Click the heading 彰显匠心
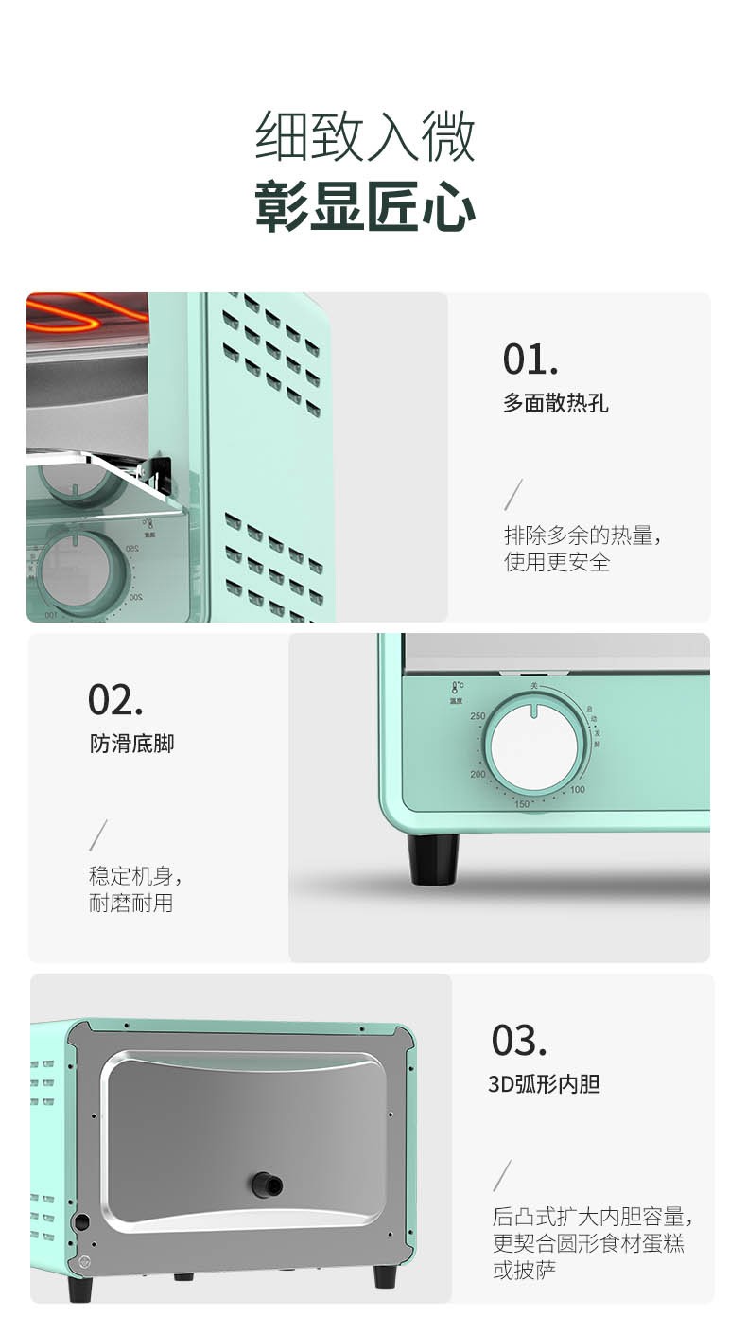pos(365,206)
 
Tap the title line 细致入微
pos(365,136)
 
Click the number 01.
pos(530,360)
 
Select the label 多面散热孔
pos(555,403)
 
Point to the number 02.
pos(115,700)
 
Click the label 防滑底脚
pos(131,744)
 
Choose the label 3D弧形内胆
pos(544,1084)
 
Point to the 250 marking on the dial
pos(478,716)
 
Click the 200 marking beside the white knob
pos(478,774)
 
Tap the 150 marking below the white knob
pos(521,804)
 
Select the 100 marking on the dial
pos(578,790)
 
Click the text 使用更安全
pos(557,562)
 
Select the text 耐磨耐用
pos(130,903)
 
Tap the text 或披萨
pos(525,1270)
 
